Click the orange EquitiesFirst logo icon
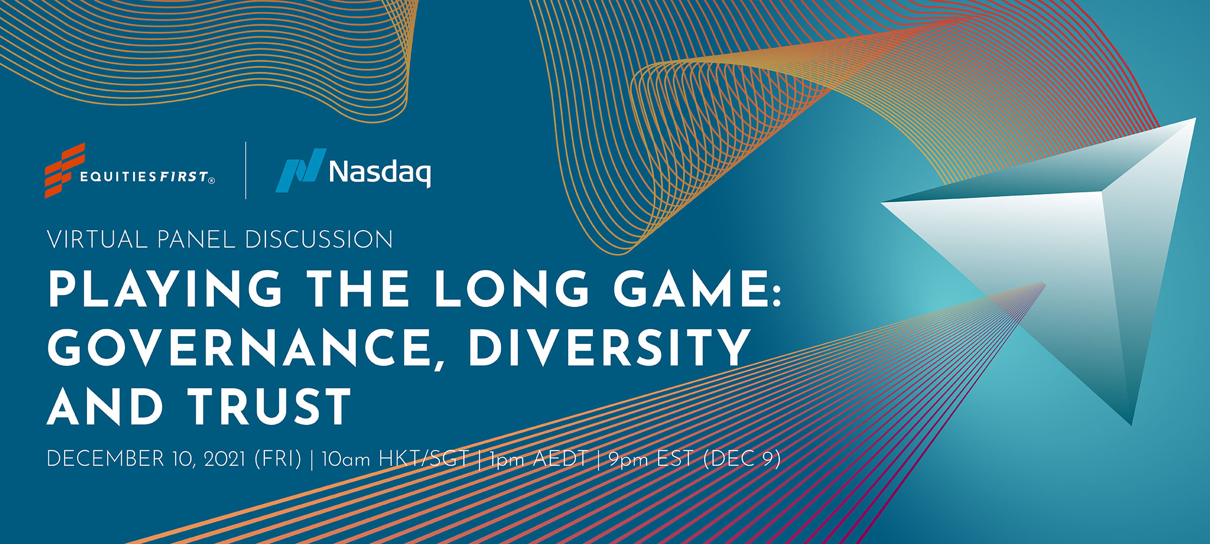[65, 170]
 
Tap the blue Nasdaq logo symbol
[300, 170]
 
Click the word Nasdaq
[380, 172]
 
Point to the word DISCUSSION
[319, 240]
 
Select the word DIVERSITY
[609, 348]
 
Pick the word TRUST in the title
[270, 406]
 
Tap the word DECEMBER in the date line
[106, 459]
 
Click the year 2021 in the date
[225, 459]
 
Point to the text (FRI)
[278, 459]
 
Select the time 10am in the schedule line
[346, 459]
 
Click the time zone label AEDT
[560, 459]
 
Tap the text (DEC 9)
[742, 459]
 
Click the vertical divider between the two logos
[246, 170]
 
